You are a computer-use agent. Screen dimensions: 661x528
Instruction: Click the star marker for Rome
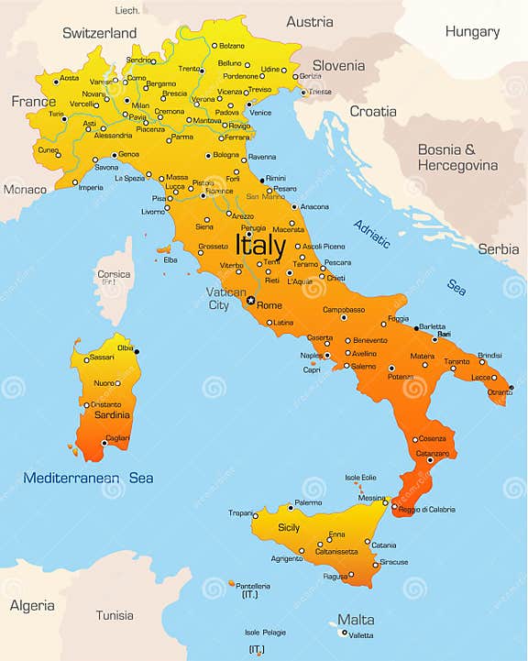250,300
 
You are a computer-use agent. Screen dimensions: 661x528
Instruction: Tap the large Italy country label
260,246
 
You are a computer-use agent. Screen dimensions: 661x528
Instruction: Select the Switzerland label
99,33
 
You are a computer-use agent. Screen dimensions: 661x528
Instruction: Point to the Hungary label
472,31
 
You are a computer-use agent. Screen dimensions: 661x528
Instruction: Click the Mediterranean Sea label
88,478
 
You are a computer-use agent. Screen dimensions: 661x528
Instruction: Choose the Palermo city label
308,502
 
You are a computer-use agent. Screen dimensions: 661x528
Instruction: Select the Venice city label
261,113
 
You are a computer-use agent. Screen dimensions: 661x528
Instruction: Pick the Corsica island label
114,274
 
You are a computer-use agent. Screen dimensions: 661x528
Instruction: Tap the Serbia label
498,248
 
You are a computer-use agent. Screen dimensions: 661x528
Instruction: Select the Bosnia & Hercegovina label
457,157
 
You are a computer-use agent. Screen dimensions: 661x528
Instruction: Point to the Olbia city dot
137,351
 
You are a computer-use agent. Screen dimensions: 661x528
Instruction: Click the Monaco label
25,189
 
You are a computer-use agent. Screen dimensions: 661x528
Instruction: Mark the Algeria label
32,605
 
